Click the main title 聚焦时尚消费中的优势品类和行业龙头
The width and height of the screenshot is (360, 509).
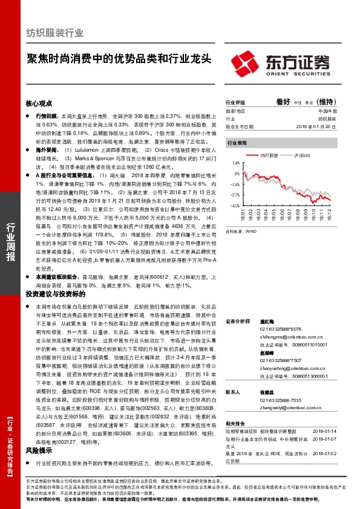click(119, 59)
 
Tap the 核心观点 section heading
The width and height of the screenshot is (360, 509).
click(39, 104)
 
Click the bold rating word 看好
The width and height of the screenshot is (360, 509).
click(284, 102)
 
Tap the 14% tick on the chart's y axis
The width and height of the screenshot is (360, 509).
click(235, 164)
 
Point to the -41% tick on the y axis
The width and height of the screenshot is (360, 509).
click(235, 206)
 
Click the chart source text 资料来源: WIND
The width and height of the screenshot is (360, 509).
click(240, 232)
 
